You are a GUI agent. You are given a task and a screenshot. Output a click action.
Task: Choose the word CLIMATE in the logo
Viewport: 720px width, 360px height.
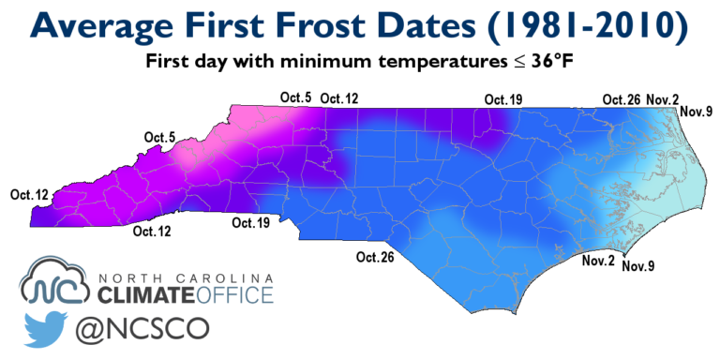tap(145, 297)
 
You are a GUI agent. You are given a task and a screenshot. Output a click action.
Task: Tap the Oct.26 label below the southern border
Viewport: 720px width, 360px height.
tap(374, 257)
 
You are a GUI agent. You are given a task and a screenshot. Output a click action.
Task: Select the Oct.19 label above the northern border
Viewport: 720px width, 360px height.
tap(502, 98)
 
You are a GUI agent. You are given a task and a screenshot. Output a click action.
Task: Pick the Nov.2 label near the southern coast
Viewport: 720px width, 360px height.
tap(598, 259)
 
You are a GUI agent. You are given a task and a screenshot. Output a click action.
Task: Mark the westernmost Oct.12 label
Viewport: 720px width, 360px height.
tap(28, 194)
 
